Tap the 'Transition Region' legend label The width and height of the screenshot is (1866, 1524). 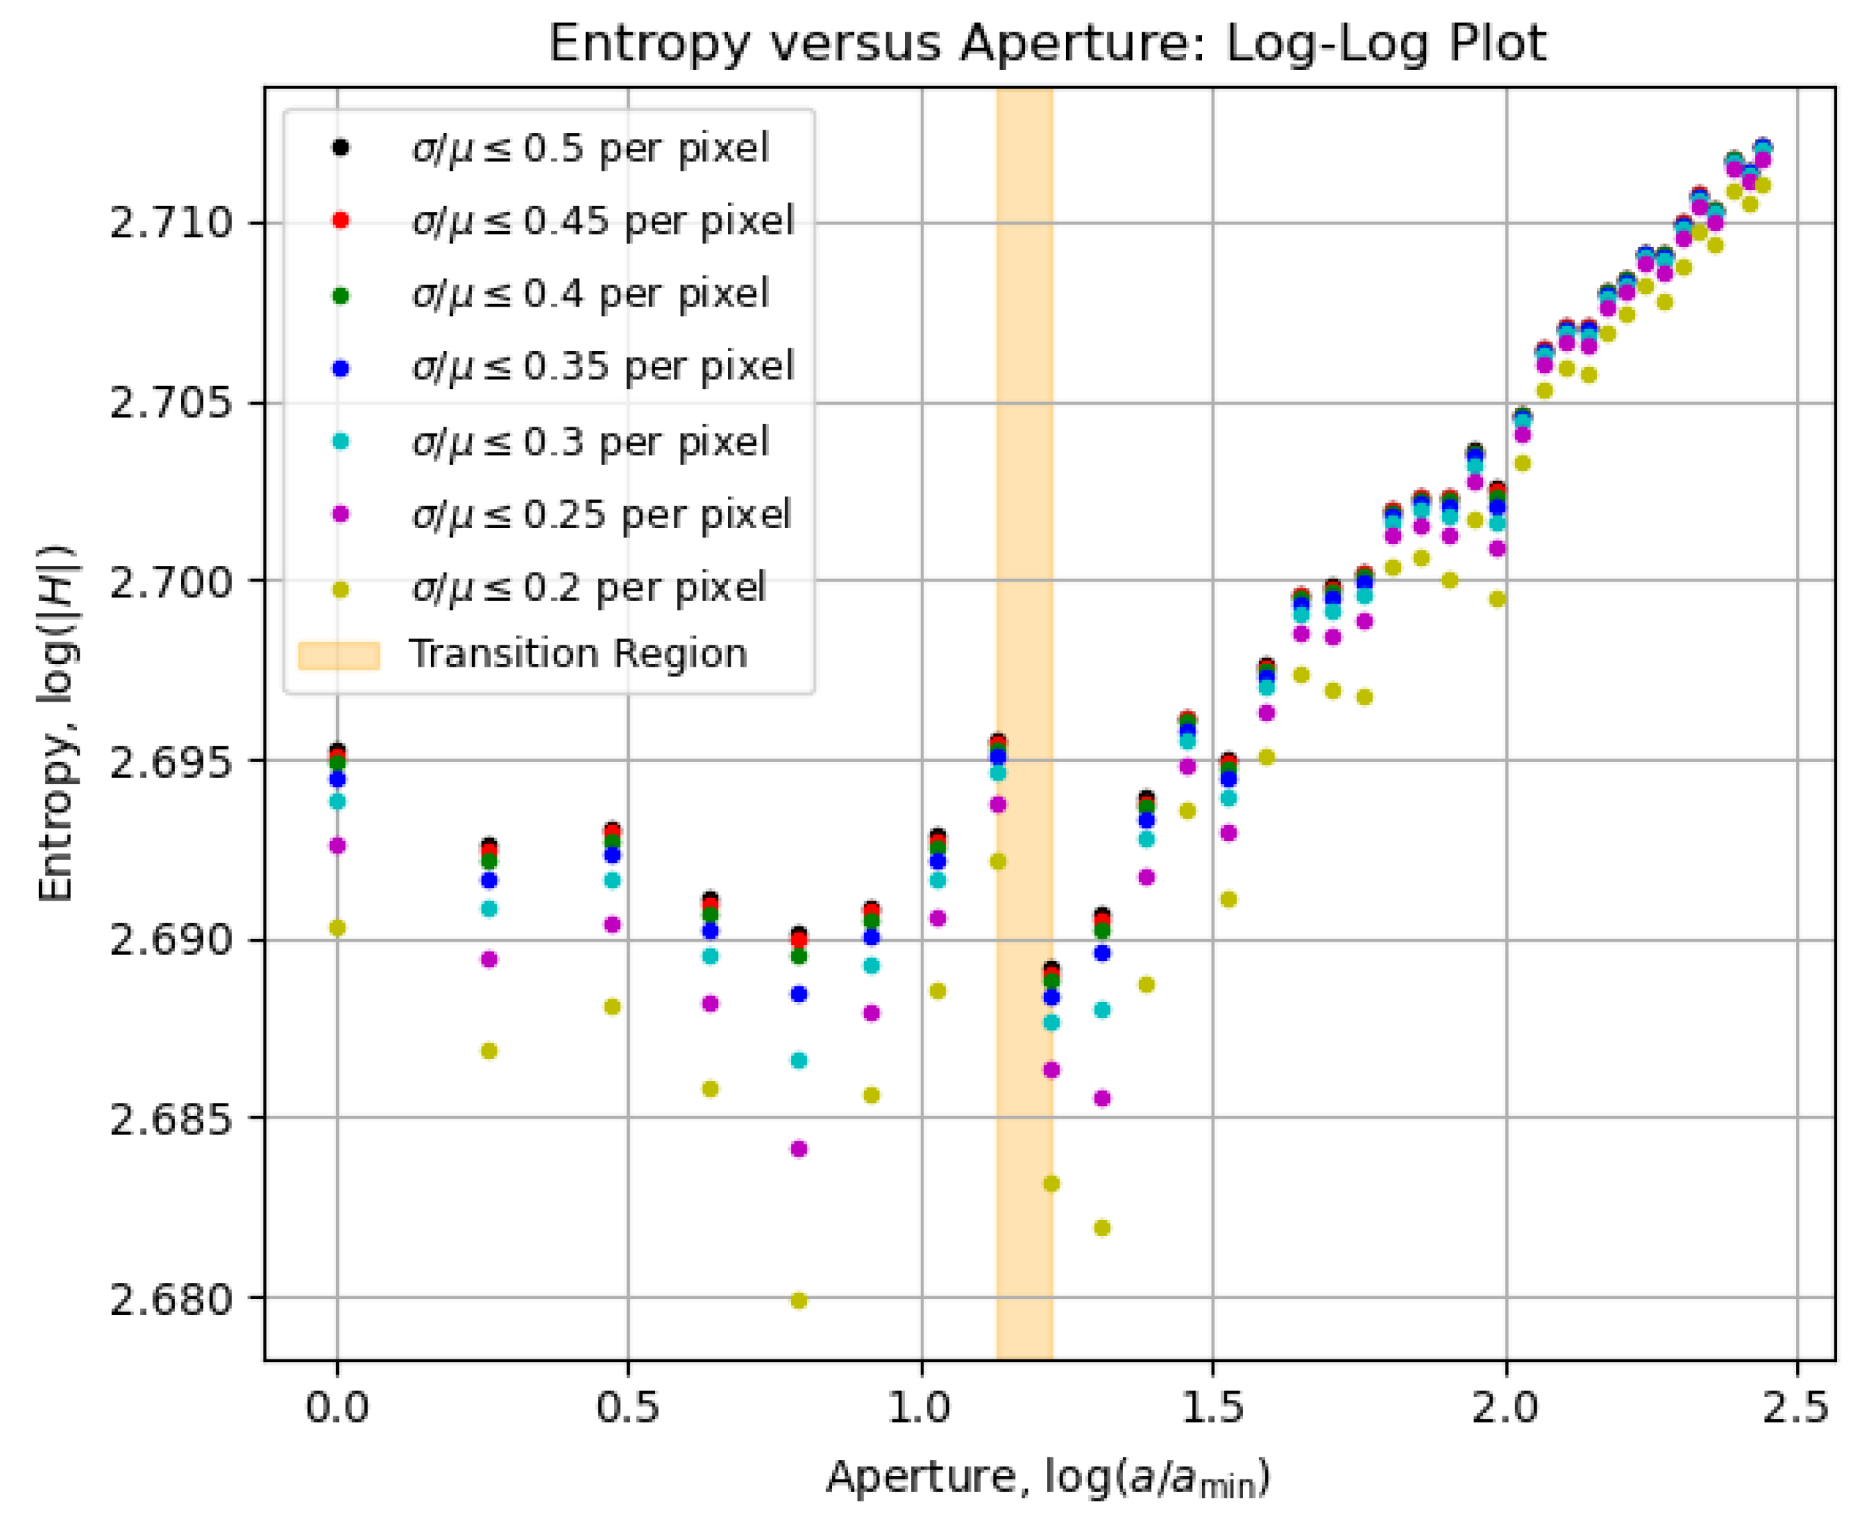[578, 654]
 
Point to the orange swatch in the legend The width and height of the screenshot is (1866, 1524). [339, 656]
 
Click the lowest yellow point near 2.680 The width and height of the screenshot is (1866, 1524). [799, 1300]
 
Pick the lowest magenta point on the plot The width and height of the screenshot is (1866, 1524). [799, 1149]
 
